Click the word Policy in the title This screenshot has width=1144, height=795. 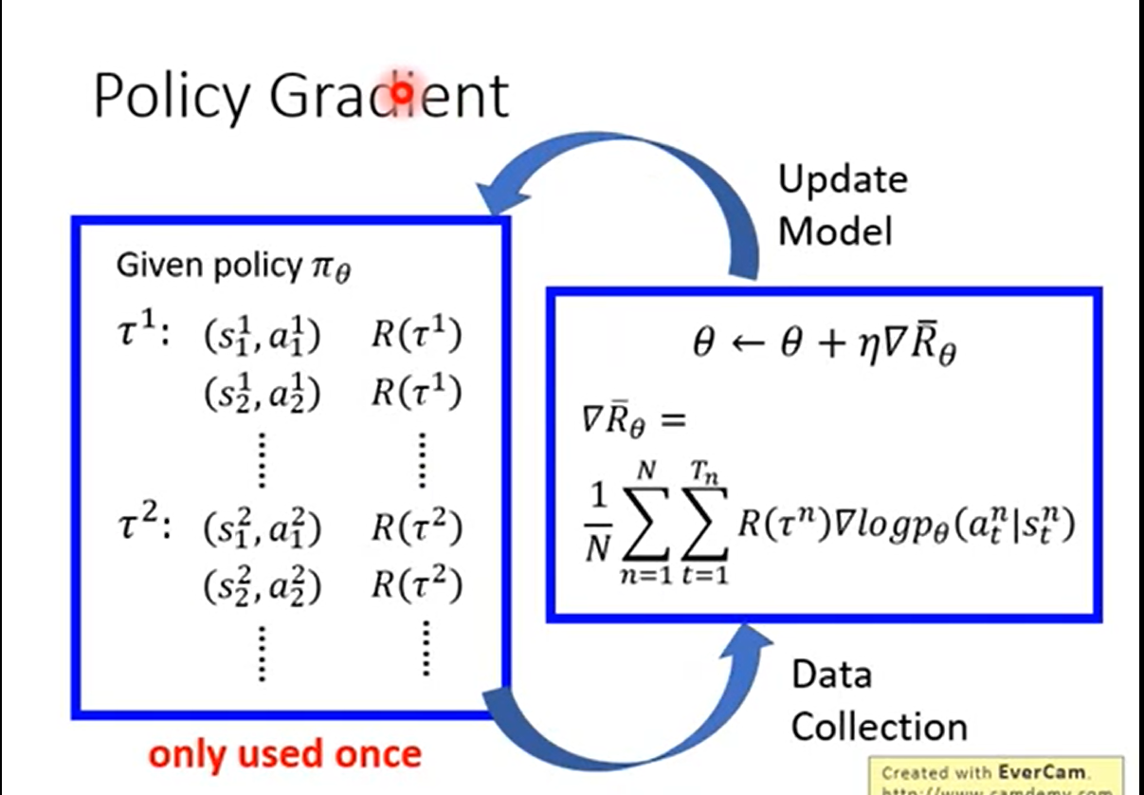[x=173, y=95]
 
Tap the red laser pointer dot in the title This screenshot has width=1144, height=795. [x=402, y=92]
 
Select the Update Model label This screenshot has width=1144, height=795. [x=842, y=205]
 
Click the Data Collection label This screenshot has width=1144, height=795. [x=878, y=701]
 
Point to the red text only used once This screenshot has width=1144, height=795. [x=285, y=754]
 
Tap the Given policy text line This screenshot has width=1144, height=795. [x=233, y=267]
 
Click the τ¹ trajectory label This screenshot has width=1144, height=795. [x=141, y=334]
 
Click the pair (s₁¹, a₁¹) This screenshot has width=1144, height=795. [x=263, y=337]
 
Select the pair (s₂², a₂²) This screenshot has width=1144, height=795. [x=263, y=587]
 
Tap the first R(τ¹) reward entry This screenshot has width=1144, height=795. [x=416, y=336]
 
